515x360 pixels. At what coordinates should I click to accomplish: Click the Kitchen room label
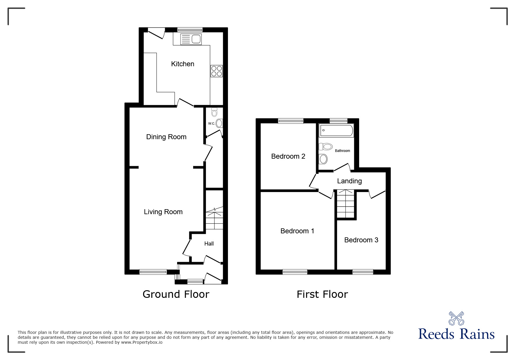point(182,64)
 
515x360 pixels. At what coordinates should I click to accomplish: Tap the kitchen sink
point(191,39)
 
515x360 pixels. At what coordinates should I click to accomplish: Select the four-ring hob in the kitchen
point(217,71)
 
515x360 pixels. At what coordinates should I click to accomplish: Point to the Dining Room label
point(166,137)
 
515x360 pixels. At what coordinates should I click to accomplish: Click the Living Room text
point(163,212)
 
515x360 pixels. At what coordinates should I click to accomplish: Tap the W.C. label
point(211,123)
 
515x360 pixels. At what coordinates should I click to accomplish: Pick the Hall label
point(209,244)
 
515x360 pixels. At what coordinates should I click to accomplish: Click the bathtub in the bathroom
point(336,130)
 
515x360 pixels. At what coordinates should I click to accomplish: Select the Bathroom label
point(342,151)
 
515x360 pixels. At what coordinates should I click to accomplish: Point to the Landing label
point(349,181)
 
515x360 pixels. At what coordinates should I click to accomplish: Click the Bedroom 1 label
point(297,231)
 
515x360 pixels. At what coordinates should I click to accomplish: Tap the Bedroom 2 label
point(288,156)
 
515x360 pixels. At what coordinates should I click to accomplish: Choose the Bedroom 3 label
point(361,240)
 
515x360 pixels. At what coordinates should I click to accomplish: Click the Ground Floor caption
point(176,294)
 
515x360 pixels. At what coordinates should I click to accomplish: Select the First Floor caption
point(322,294)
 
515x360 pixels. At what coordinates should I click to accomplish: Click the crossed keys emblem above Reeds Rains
point(456,318)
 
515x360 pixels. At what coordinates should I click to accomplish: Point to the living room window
point(153,272)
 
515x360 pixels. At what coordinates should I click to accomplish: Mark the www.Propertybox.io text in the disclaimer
point(142,342)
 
